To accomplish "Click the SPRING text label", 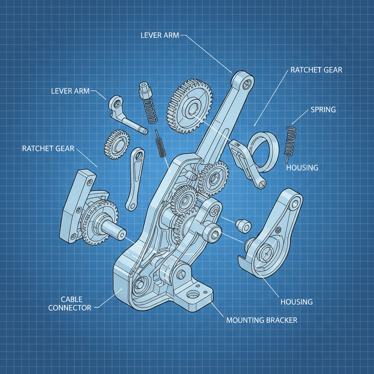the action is [323, 110].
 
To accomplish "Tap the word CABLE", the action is [72, 299].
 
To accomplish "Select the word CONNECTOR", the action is [70, 308].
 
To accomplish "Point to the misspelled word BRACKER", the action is [282, 320].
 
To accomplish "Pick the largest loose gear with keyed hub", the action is [190, 106].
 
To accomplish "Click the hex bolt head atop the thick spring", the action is [144, 88].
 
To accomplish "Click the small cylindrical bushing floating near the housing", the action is [243, 226].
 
